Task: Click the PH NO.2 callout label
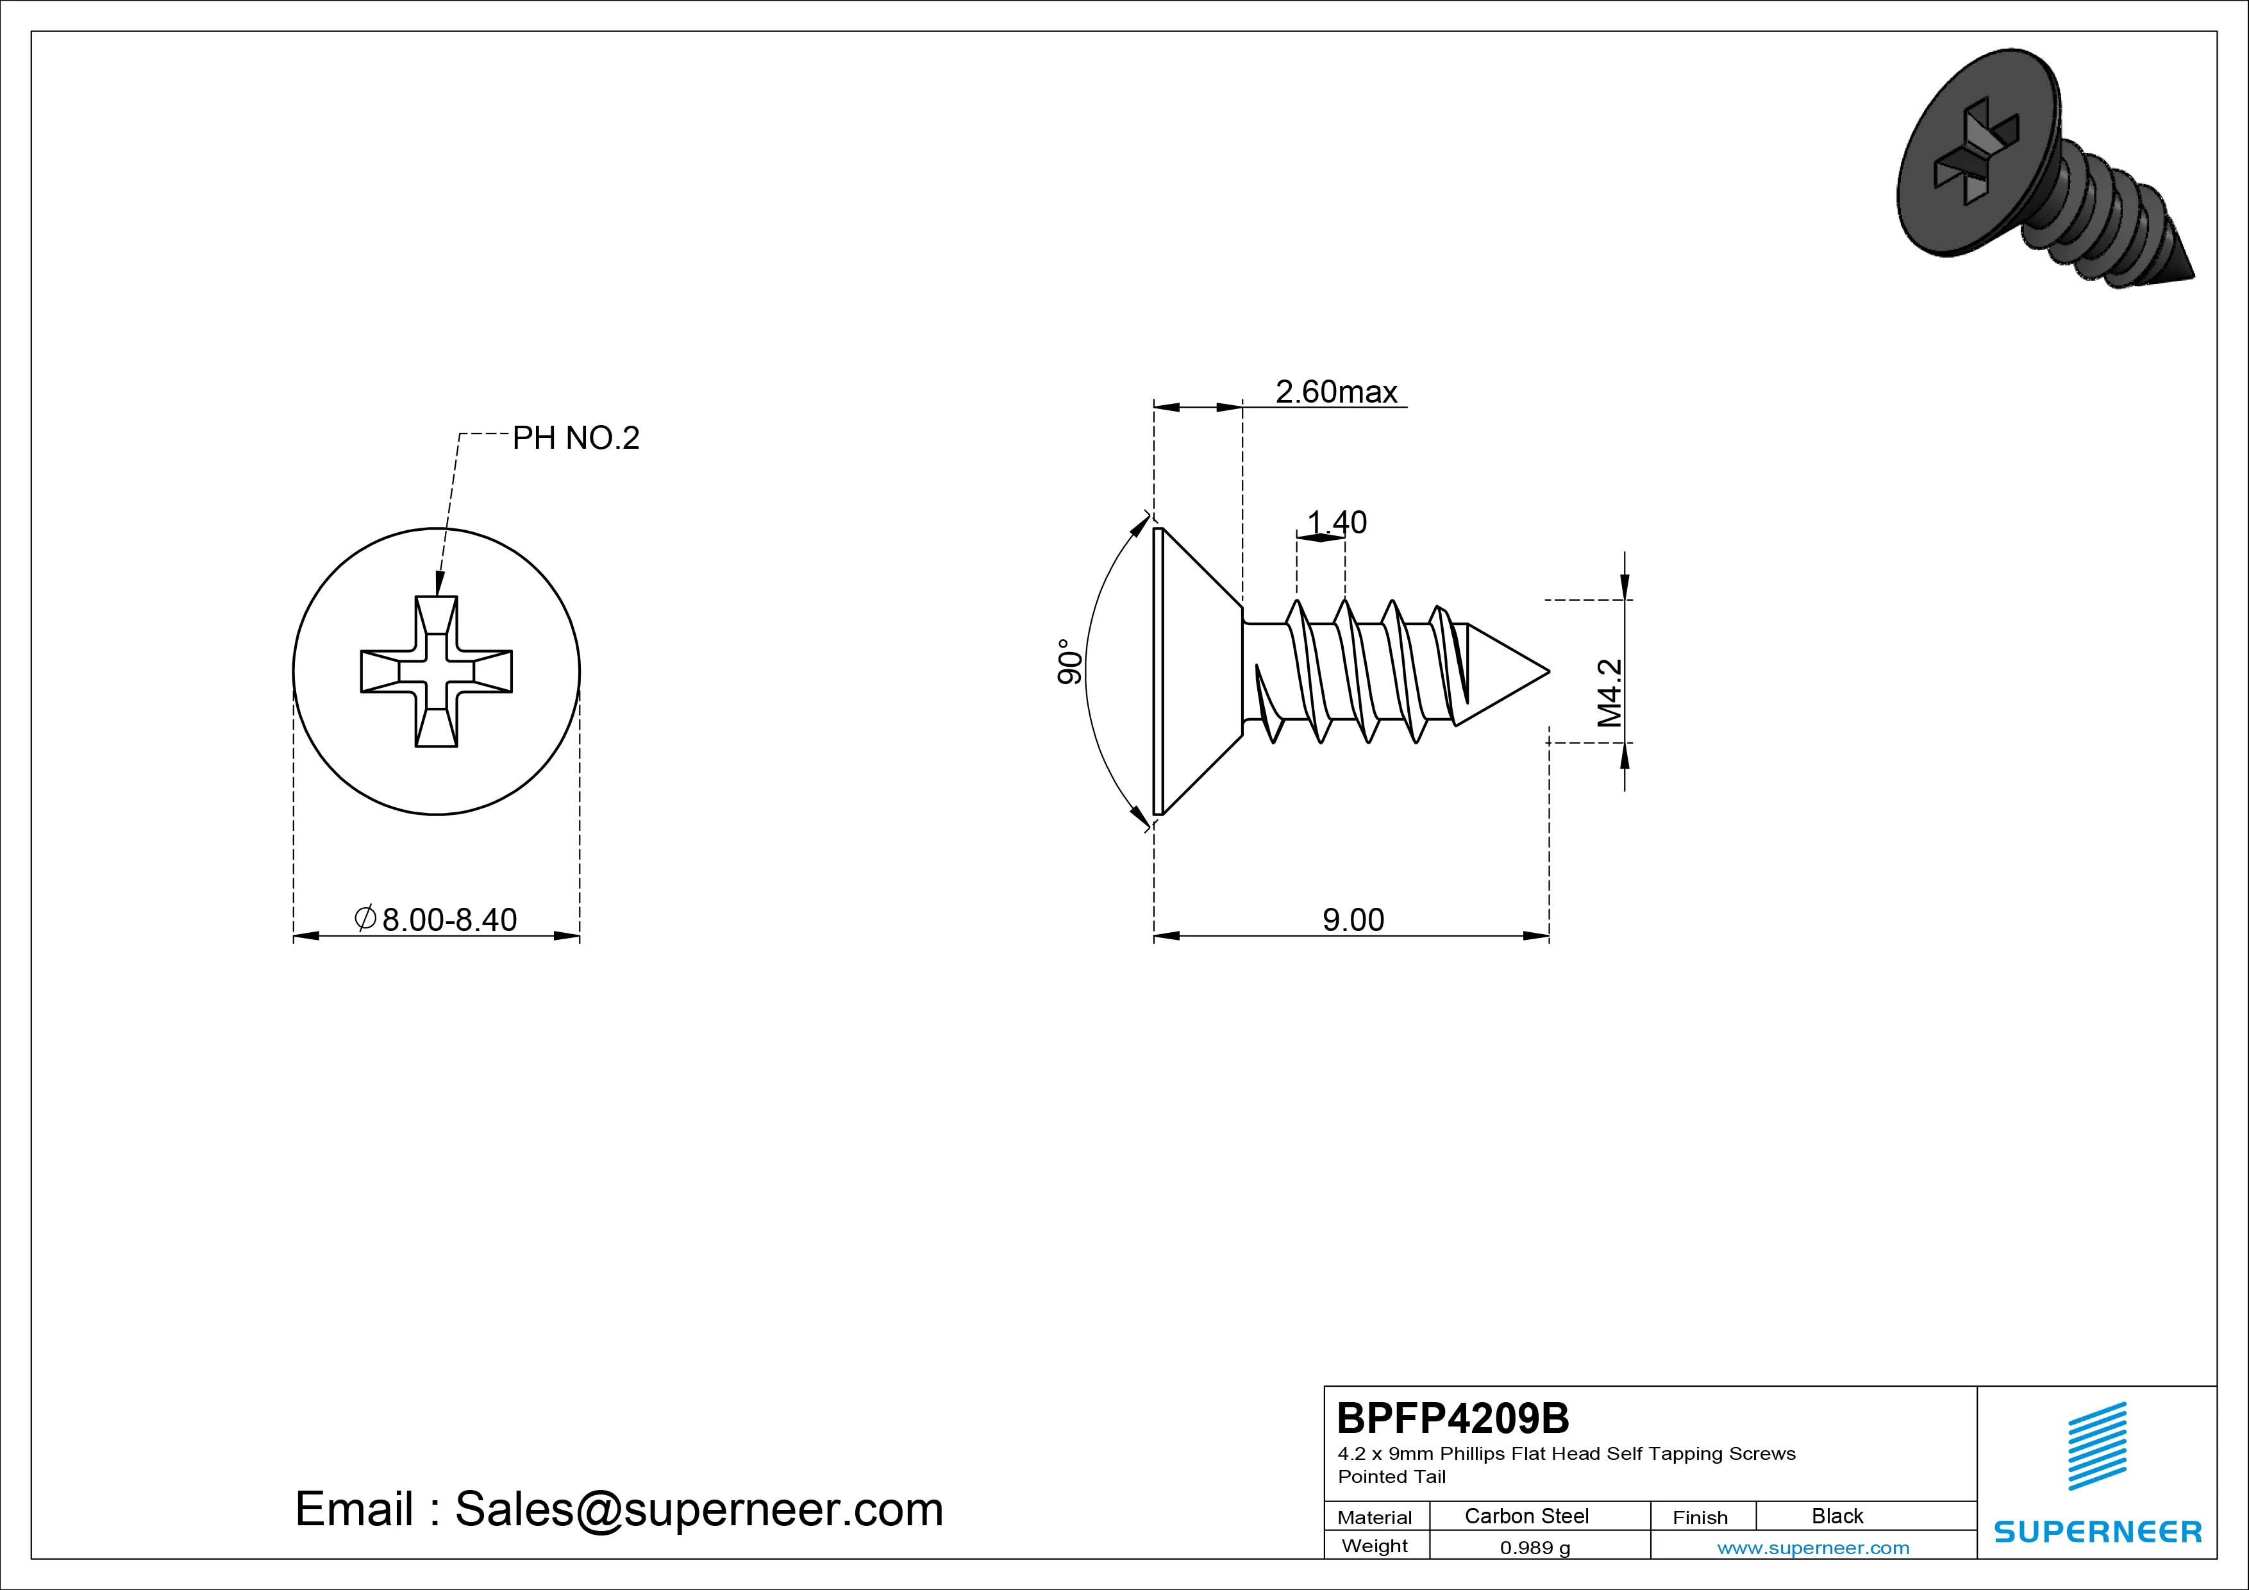pyautogui.click(x=576, y=438)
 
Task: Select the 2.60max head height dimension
pyautogui.click(x=1336, y=392)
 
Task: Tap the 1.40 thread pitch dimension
pyautogui.click(x=1337, y=522)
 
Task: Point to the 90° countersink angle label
pyautogui.click(x=1071, y=662)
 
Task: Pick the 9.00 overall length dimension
pyautogui.click(x=1354, y=920)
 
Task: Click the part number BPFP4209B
pyautogui.click(x=1453, y=1418)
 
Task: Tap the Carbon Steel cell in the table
pyautogui.click(x=1526, y=1516)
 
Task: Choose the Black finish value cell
pyautogui.click(x=1837, y=1516)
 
